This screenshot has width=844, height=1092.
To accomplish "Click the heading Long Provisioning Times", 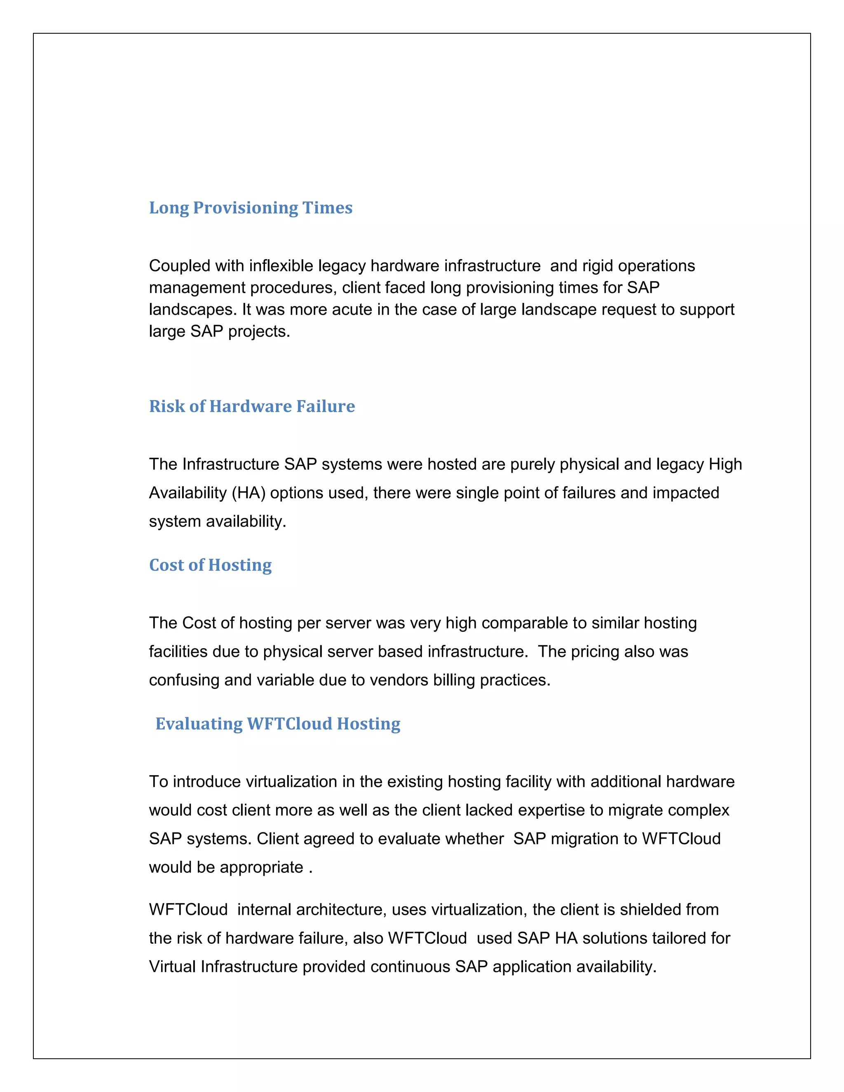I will click(251, 208).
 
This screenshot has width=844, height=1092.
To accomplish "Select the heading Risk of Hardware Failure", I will click(252, 406).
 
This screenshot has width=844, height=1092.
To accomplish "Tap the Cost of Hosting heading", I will click(210, 565).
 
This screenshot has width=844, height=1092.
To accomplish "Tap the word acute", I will click(352, 309).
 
